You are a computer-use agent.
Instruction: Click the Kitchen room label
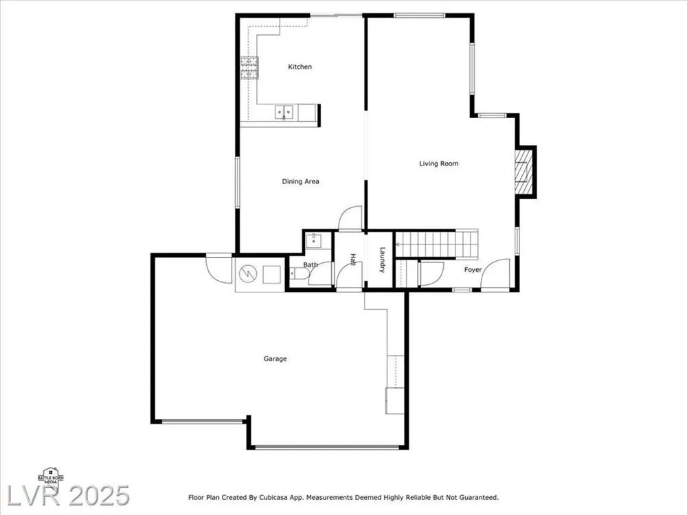[x=300, y=67]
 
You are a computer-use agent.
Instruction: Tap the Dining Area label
[x=301, y=181]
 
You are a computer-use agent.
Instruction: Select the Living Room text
[x=438, y=163]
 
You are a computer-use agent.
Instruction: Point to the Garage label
[x=275, y=358]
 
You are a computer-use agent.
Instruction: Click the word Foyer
[x=473, y=270]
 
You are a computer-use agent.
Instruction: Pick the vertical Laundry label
[x=382, y=260]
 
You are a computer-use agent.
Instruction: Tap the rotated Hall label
[x=352, y=260]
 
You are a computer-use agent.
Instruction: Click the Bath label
[x=311, y=265]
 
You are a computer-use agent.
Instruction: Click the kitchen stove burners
[x=249, y=68]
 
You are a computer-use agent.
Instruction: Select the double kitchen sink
[x=284, y=112]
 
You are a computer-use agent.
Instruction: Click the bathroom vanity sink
[x=314, y=240]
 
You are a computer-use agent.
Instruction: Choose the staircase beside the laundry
[x=436, y=244]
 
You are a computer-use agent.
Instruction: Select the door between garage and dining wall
[x=218, y=268]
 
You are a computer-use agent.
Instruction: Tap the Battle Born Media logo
[x=51, y=476]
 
